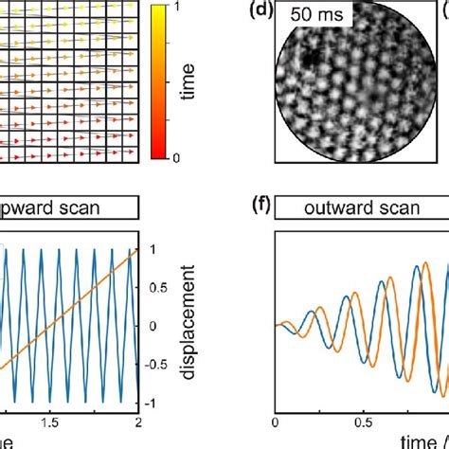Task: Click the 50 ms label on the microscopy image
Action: pyautogui.click(x=316, y=16)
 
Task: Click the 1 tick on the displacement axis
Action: pyautogui.click(x=153, y=249)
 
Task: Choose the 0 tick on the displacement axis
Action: pyautogui.click(x=153, y=325)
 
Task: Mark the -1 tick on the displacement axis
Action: pyautogui.click(x=155, y=402)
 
